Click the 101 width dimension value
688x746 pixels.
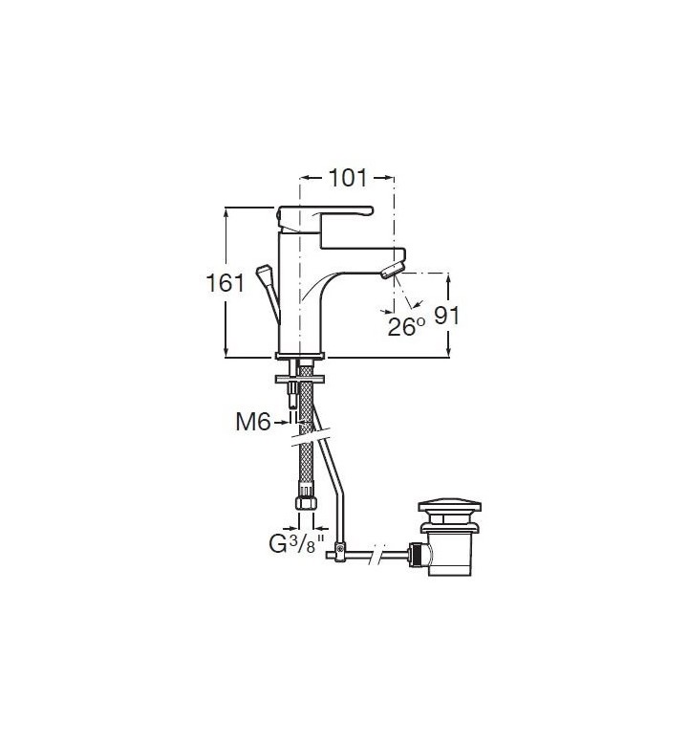click(x=348, y=179)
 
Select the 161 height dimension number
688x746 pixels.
click(x=225, y=283)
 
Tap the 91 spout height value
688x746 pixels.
click(x=447, y=315)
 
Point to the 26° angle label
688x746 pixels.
click(x=406, y=327)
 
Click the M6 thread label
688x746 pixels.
click(x=253, y=422)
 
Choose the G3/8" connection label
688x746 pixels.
click(x=296, y=544)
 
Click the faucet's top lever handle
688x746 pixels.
click(x=325, y=219)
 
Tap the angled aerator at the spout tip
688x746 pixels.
click(x=393, y=270)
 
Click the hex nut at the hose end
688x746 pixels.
click(x=306, y=503)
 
